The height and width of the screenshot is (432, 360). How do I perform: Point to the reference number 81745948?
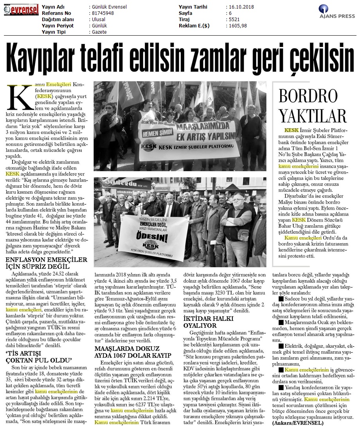click(102, 13)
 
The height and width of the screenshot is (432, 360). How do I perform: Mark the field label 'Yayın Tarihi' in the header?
click(193, 7)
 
